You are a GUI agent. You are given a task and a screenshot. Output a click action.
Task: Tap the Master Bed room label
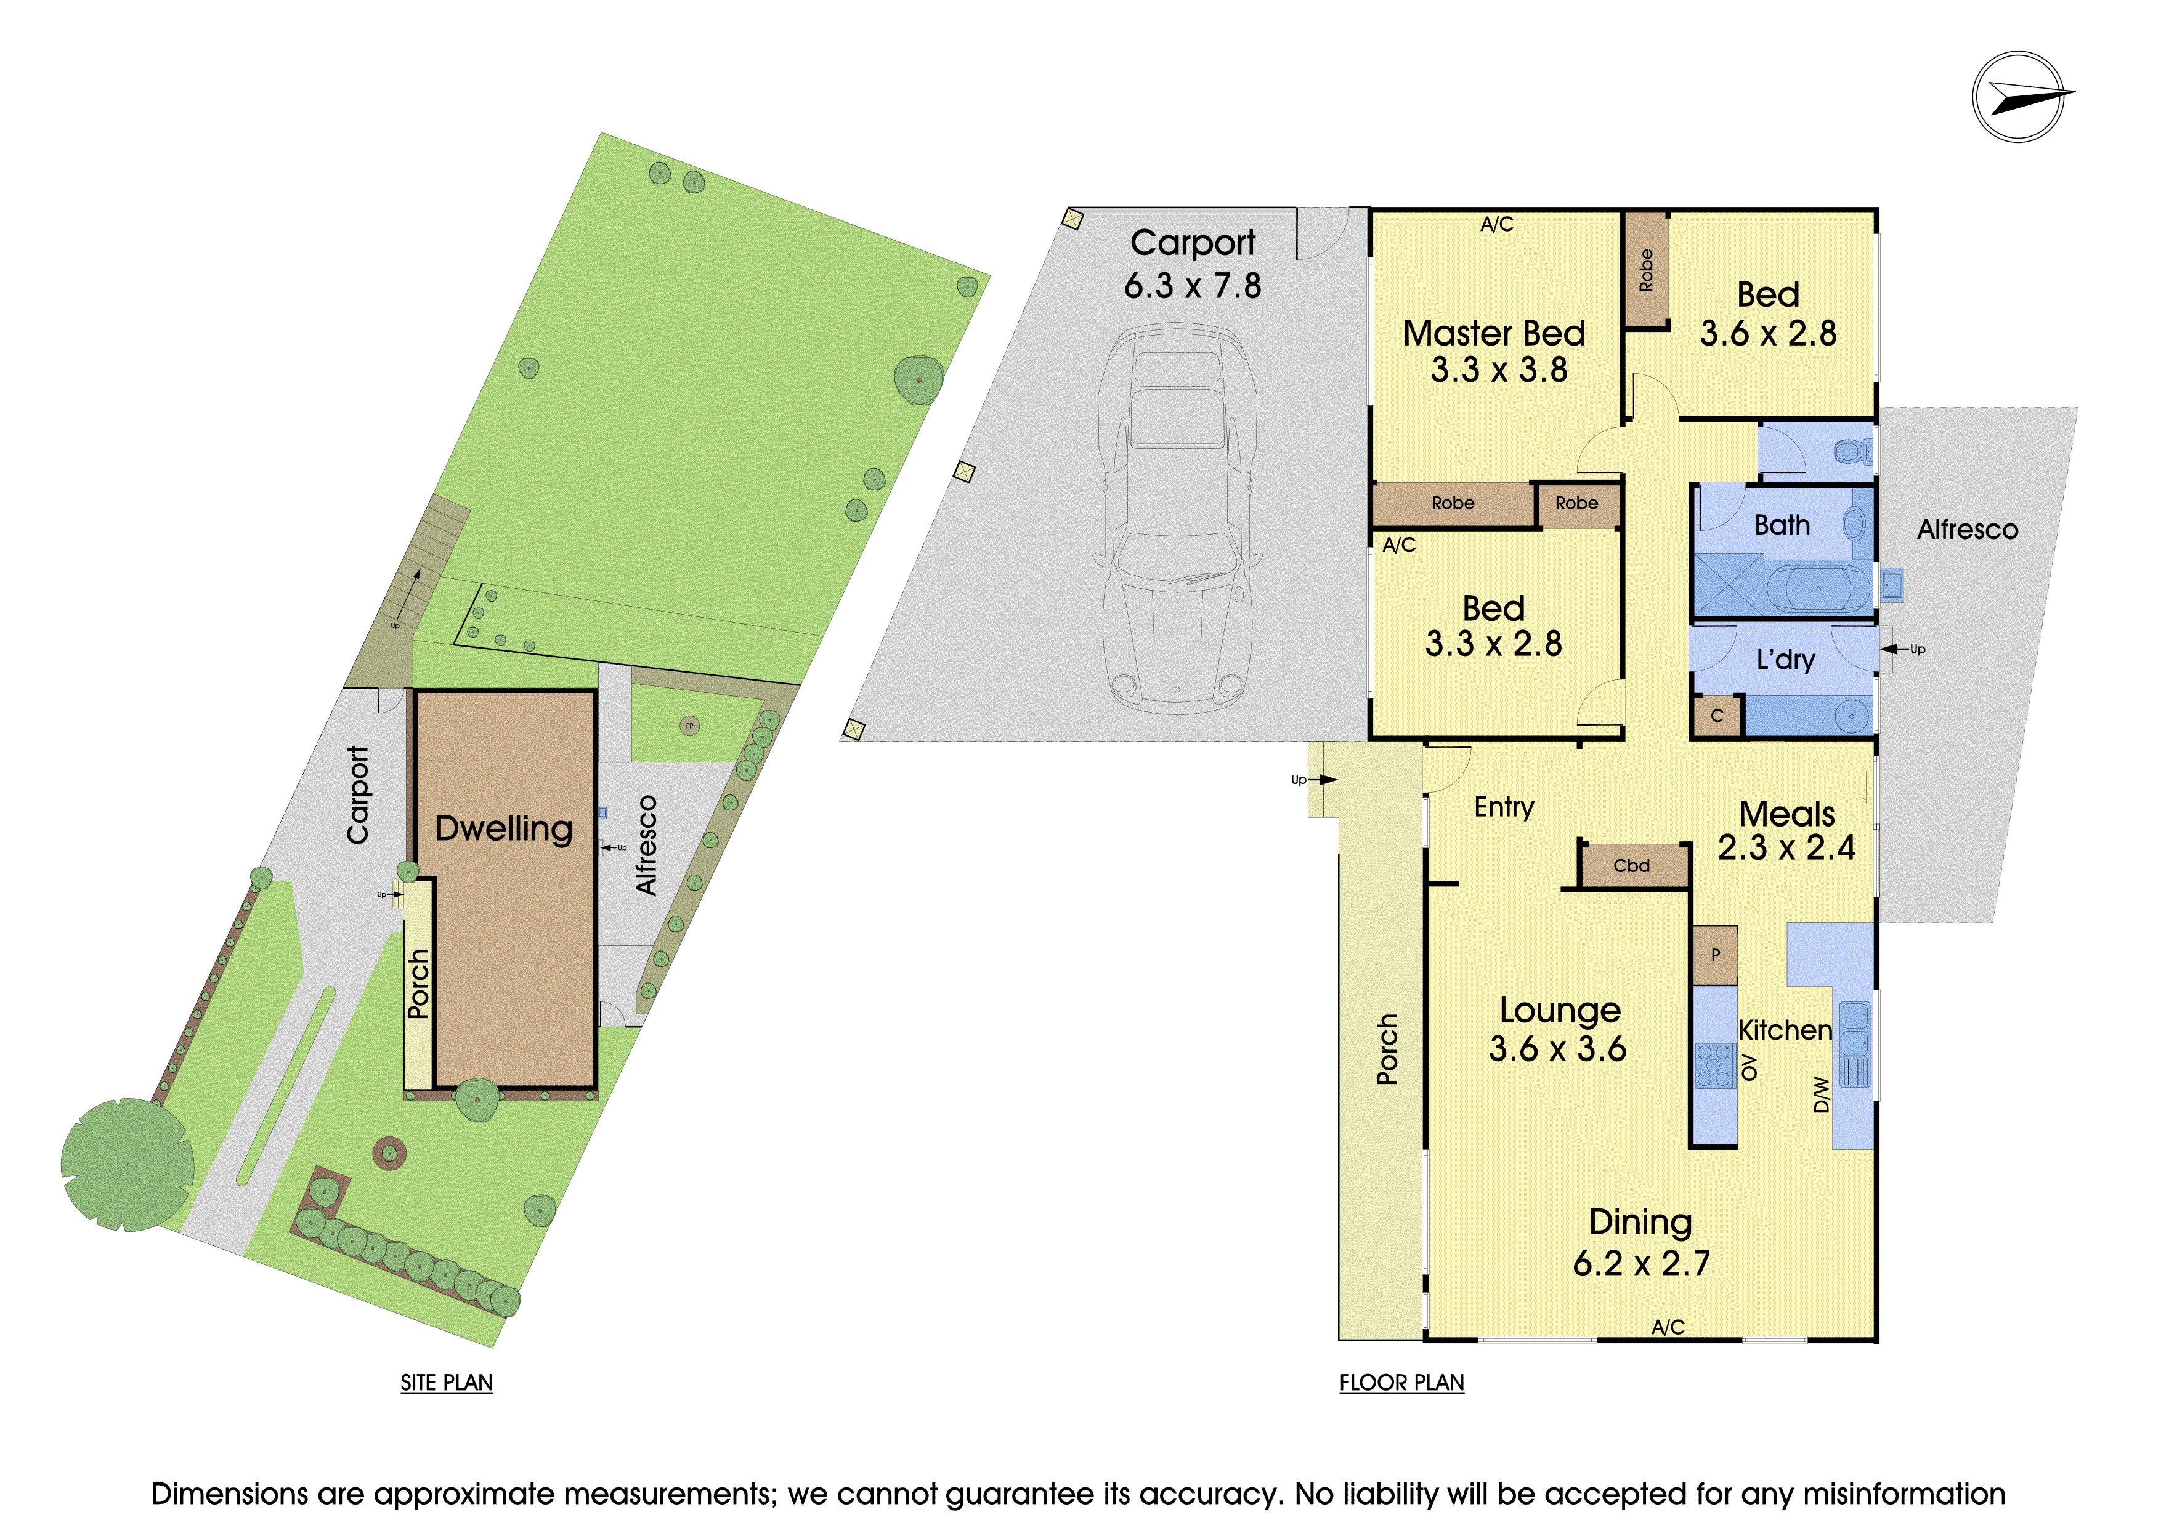pos(1494,333)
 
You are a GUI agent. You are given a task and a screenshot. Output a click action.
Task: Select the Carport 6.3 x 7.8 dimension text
pos(1193,285)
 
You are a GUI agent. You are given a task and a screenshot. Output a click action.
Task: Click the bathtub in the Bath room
pos(1818,588)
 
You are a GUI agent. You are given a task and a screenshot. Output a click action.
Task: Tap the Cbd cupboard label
pos(1631,865)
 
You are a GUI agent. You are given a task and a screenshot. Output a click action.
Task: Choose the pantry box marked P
pos(1715,955)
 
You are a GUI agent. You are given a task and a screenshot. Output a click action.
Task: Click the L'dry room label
pos(1785,660)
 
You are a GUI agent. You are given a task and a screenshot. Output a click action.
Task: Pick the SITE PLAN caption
pos(446,1382)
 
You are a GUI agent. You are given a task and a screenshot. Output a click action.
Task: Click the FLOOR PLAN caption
pos(1401,1382)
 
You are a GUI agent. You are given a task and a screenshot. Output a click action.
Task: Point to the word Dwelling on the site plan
pos(503,828)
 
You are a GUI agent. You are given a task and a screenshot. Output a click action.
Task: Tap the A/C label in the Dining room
pos(1668,1327)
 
